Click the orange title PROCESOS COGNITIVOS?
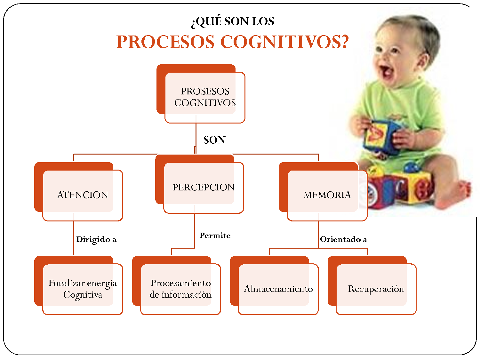click(x=232, y=42)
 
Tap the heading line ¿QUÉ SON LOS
click(x=232, y=22)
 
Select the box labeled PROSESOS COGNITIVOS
click(x=201, y=94)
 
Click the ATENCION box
click(x=78, y=192)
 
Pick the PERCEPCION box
click(x=199, y=184)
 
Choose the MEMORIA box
click(x=323, y=192)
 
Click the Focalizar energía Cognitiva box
click(x=78, y=285)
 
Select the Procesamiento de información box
click(x=176, y=285)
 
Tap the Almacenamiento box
click(x=274, y=285)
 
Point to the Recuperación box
click(x=372, y=285)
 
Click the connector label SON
click(x=214, y=140)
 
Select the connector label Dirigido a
click(x=96, y=240)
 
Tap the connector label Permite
click(x=215, y=236)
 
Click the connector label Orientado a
click(x=344, y=239)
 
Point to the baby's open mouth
click(x=386, y=71)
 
